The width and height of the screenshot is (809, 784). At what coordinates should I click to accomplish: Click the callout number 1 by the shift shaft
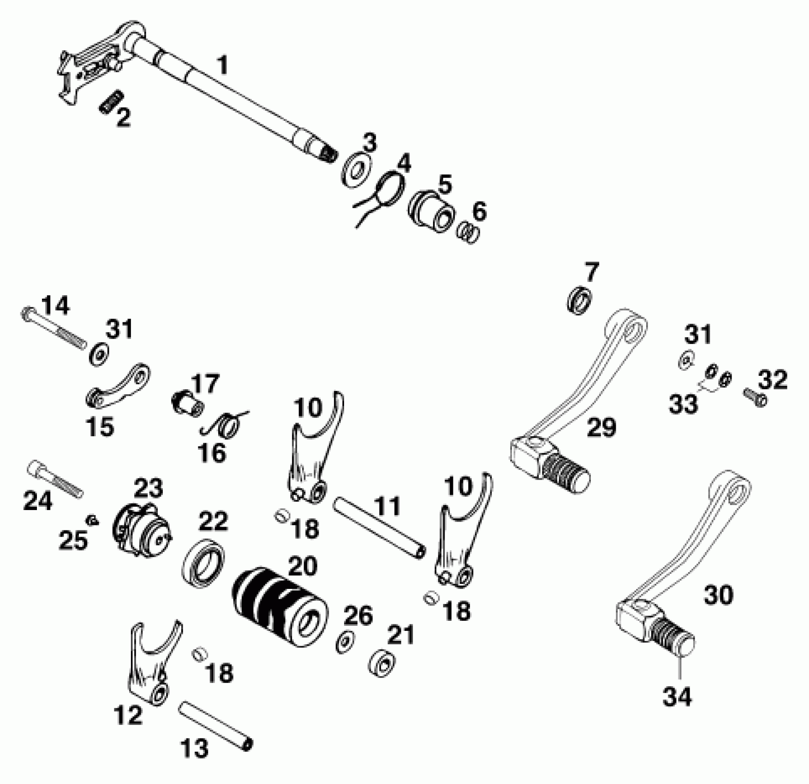click(223, 65)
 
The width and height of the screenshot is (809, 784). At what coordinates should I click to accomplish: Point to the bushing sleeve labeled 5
click(431, 211)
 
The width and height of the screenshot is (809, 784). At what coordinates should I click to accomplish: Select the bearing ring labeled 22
click(203, 564)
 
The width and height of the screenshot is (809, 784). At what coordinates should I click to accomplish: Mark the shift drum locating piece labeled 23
click(141, 529)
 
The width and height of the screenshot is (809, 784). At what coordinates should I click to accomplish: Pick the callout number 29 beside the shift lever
click(601, 428)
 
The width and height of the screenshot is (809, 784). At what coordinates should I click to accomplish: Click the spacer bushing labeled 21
click(382, 664)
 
